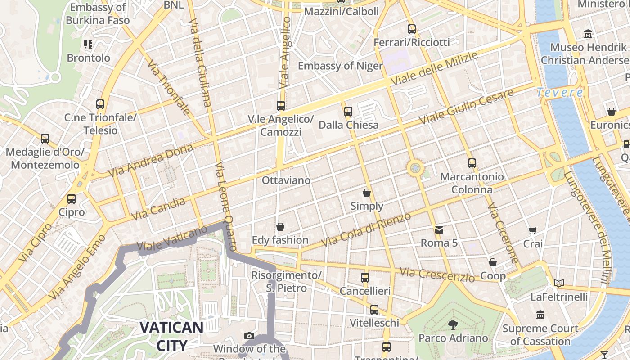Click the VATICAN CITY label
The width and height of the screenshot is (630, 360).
(171, 336)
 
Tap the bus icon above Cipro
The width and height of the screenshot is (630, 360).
(71, 198)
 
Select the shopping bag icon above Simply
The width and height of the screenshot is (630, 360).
(367, 193)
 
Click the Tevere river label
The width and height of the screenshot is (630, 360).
(560, 93)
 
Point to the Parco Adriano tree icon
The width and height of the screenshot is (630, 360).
(453, 324)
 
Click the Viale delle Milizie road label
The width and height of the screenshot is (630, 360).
(434, 69)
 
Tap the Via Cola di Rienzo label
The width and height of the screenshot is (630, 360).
(366, 230)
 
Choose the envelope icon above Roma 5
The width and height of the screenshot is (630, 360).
(439, 229)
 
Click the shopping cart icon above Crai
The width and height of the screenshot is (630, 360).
(533, 230)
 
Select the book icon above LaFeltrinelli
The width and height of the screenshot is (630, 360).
(559, 283)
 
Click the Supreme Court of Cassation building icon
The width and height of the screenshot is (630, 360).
(540, 315)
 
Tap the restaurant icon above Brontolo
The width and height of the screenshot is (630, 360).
(88, 44)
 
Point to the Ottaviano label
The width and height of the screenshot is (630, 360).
(286, 180)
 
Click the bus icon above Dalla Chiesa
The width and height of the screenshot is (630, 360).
(348, 111)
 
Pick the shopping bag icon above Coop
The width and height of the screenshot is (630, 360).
(493, 262)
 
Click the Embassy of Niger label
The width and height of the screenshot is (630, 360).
(340, 66)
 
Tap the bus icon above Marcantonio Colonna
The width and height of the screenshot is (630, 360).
(472, 163)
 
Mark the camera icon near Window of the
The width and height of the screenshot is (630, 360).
(249, 336)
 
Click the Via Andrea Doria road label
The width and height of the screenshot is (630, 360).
(151, 160)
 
